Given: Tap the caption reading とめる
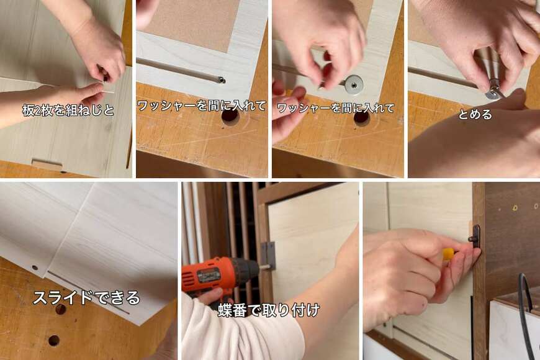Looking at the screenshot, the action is (475, 114).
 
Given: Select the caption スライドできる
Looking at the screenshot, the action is (86, 298).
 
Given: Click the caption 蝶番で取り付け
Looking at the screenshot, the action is (269, 310).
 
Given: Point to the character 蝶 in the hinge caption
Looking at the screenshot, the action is (225, 310).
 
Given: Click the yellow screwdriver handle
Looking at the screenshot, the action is (448, 255).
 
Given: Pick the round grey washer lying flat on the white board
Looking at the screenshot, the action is (354, 84).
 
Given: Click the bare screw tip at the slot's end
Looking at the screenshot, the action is (222, 81).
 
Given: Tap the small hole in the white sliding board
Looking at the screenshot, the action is (34, 268).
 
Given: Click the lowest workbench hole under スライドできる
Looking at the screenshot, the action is (54, 340).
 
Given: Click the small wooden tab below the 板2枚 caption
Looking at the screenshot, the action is (47, 164).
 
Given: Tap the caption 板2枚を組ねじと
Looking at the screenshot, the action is (68, 110).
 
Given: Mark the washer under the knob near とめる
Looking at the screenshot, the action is (495, 93).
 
